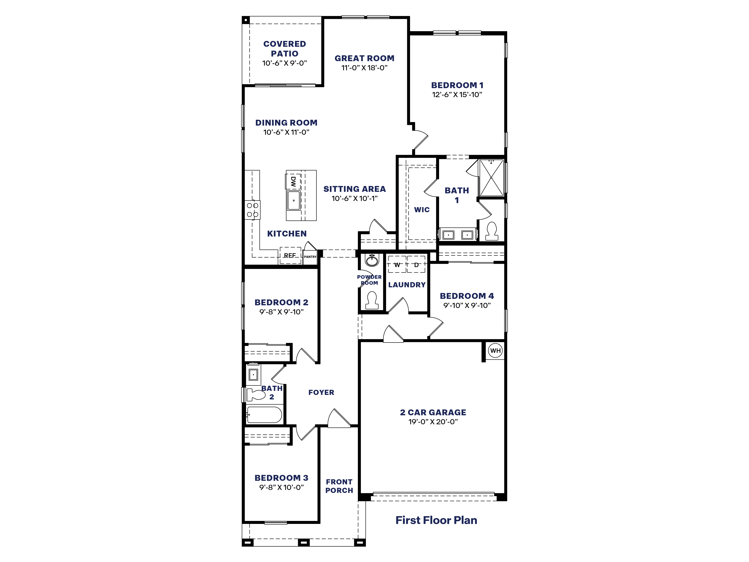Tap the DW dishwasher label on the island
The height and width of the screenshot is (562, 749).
tap(293, 182)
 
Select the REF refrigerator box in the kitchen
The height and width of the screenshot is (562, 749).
tap(290, 256)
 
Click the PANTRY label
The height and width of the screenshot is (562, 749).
tap(310, 257)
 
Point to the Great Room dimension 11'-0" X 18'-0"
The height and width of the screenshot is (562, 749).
tap(364, 68)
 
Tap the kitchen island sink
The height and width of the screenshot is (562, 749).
tap(294, 201)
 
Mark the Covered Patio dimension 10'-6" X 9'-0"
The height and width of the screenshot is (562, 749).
tap(284, 63)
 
